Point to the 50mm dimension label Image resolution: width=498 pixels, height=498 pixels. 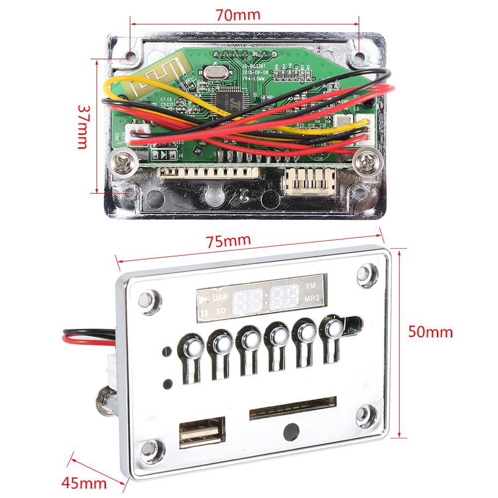tap(430, 331)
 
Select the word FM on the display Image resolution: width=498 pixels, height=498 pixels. tap(310, 286)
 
